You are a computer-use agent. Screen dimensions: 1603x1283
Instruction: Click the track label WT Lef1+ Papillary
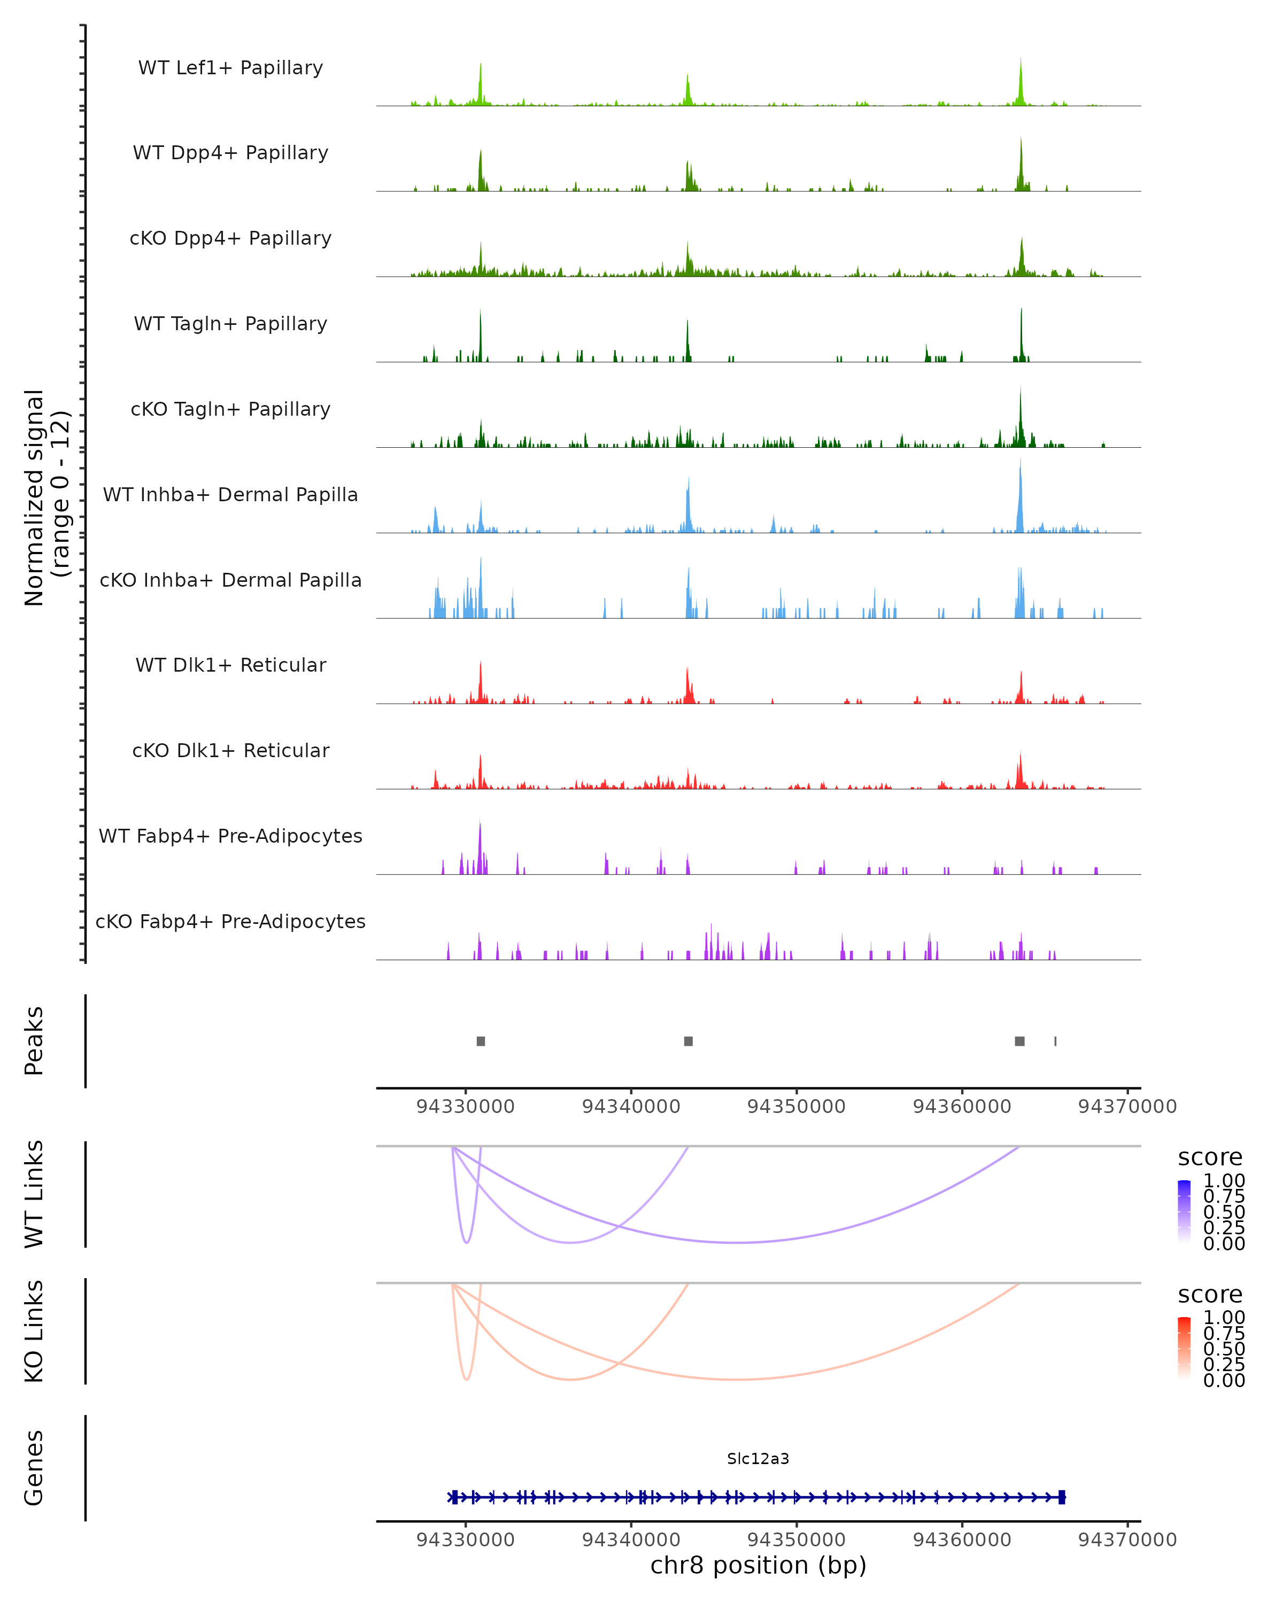(230, 68)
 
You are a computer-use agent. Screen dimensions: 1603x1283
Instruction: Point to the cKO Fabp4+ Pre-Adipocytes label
(230, 921)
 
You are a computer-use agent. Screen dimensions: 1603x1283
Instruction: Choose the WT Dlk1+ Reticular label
(230, 665)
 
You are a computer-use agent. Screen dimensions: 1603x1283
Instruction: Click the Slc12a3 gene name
(758, 1459)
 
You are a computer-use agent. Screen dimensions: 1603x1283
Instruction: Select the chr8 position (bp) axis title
(758, 1565)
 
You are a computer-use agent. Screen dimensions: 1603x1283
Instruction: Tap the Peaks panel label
(34, 1041)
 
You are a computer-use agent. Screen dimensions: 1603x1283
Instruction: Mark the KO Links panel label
(34, 1331)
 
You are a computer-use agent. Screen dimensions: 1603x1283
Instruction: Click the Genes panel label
(34, 1468)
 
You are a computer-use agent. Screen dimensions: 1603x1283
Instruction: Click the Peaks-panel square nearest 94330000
(481, 1041)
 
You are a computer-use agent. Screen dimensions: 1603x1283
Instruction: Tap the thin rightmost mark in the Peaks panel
(1055, 1041)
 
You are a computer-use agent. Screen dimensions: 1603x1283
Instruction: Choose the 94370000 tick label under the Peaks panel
(1127, 1107)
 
